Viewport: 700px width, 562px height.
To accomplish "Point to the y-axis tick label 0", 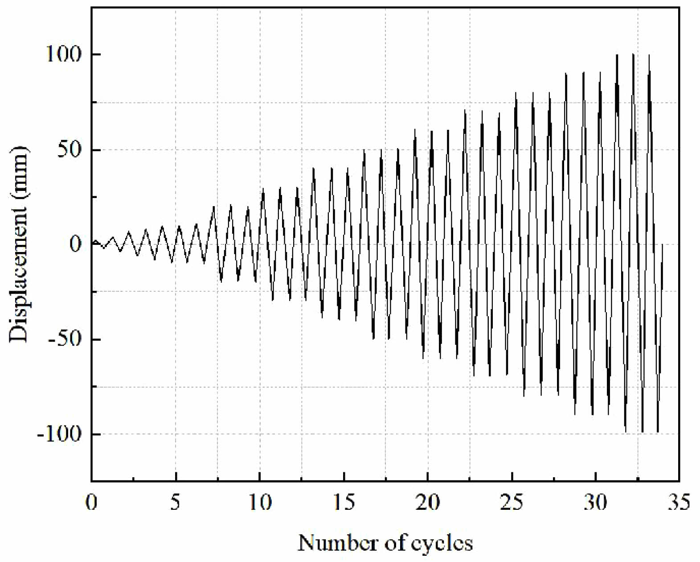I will click(77, 244).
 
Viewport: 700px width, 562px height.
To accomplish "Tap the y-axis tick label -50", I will click(66, 339).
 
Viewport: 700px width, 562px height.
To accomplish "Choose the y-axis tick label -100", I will click(60, 434).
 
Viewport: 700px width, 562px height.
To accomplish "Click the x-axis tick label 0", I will click(92, 503).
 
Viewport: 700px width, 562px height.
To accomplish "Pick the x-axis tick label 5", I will click(176, 503).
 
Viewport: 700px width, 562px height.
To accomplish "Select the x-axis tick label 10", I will click(260, 503).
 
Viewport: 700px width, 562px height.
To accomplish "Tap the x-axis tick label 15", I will click(344, 503).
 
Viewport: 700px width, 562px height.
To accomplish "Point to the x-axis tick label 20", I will click(428, 503).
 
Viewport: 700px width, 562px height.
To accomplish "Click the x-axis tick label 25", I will click(512, 503).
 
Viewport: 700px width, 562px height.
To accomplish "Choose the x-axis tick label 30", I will click(596, 503).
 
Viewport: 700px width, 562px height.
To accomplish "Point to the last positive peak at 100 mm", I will click(649, 55).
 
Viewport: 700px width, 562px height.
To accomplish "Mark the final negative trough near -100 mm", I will click(658, 432).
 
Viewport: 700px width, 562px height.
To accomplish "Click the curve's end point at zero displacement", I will click(663, 244).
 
